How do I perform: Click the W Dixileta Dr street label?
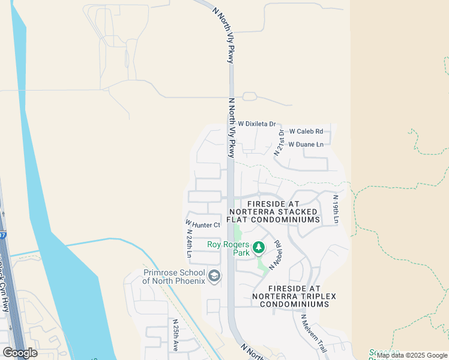pyautogui.click(x=256, y=124)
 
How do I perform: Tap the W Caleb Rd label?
pyautogui.click(x=306, y=131)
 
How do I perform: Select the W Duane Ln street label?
pyautogui.click(x=306, y=145)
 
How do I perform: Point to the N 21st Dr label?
pyautogui.click(x=279, y=142)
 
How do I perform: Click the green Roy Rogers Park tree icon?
pyautogui.click(x=259, y=247)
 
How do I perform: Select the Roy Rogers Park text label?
pyautogui.click(x=228, y=248)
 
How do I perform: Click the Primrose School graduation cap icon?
pyautogui.click(x=214, y=276)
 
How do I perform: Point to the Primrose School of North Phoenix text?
pyautogui.click(x=174, y=276)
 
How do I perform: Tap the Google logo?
pyautogui.click(x=20, y=353)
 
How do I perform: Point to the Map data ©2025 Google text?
pyautogui.click(x=412, y=355)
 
